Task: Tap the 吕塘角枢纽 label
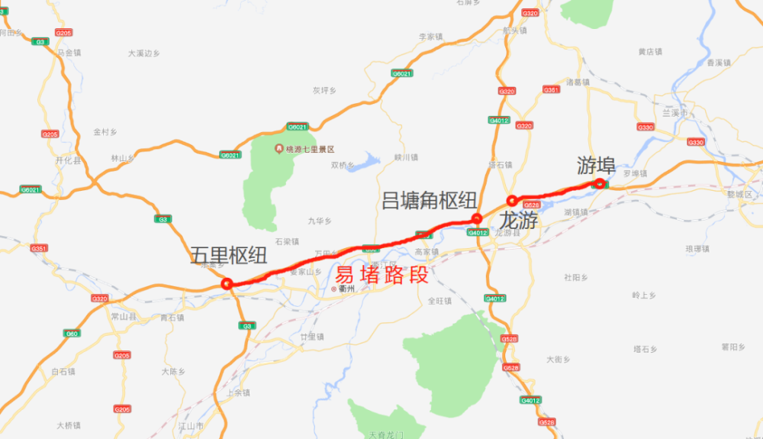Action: coord(429,201)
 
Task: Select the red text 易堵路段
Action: coord(381,275)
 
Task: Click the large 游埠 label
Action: coord(597,165)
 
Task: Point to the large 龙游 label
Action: coord(518,221)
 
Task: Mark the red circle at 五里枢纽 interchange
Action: coord(227,284)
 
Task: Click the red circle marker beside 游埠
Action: coord(600,183)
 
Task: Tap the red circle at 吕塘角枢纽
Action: coord(477,219)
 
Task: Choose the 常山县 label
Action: coord(122,315)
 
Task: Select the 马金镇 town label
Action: coord(69,53)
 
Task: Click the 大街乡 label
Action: coord(559,358)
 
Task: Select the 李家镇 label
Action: coord(431,36)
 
